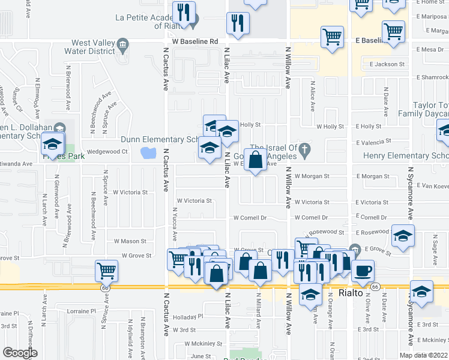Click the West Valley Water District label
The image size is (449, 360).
click(93, 47)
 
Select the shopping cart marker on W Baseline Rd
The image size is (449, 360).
click(332, 38)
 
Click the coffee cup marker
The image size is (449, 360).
click(363, 271)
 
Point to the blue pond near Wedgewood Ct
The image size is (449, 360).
click(147, 153)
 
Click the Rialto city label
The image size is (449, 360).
click(351, 293)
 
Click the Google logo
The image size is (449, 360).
click(20, 353)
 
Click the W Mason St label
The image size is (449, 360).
click(130, 241)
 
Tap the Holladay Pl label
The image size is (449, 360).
click(188, 316)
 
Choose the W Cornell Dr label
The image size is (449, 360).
click(250, 218)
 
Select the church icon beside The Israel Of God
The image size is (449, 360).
click(305, 148)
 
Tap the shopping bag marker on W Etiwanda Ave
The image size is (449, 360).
click(255, 161)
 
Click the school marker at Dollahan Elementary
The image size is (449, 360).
click(52, 145)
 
